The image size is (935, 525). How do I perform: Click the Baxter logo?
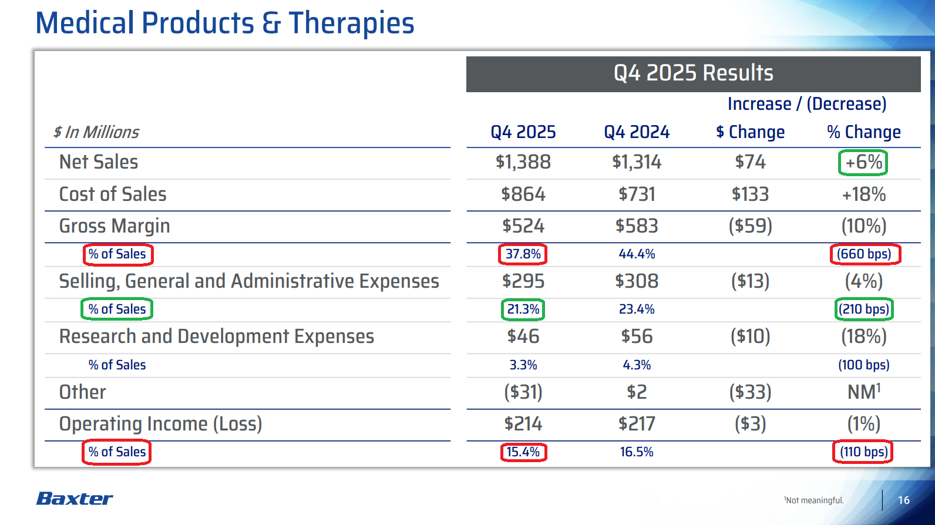[x=75, y=499]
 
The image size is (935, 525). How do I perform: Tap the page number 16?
[x=903, y=500]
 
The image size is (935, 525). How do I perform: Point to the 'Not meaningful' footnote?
[x=814, y=500]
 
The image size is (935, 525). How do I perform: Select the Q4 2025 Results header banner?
[x=693, y=73]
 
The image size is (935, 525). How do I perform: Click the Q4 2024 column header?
[x=637, y=132]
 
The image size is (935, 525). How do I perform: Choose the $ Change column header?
[x=750, y=132]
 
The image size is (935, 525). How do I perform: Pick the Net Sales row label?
[x=99, y=162]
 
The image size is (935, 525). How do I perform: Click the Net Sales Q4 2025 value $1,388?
[x=523, y=162]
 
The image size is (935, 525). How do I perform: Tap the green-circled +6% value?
[x=863, y=163]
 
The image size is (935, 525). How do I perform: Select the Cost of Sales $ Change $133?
[x=750, y=194]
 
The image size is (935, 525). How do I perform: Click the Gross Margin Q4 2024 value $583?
[x=637, y=226]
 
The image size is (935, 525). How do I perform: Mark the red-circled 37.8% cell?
[x=523, y=254]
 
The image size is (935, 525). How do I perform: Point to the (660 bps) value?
[x=865, y=254]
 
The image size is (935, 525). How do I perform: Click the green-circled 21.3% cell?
[x=523, y=309]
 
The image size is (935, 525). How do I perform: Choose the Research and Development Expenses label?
[x=217, y=336]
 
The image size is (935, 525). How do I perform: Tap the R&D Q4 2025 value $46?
[x=523, y=336]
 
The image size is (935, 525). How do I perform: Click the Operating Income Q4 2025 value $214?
[x=523, y=423]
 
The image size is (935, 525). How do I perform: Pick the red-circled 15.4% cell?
[x=523, y=452]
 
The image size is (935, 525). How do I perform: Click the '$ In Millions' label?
[x=96, y=132]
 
